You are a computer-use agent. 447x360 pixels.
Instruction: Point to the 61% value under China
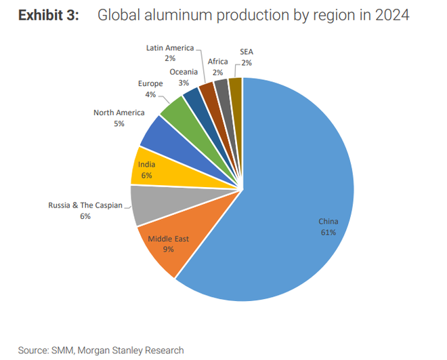[x=328, y=232]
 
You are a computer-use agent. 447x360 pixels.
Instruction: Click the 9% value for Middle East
[x=168, y=249]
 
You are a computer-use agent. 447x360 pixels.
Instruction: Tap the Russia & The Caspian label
[x=85, y=205]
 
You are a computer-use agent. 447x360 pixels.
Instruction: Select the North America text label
[x=119, y=113]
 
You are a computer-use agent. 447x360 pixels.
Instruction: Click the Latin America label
[x=170, y=48]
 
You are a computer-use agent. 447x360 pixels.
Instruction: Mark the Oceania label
[x=184, y=71]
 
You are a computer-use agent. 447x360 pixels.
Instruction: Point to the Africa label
[x=217, y=61]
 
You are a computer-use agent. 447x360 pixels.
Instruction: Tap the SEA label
[x=247, y=52]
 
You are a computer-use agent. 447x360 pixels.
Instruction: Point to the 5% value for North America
[x=119, y=124]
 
